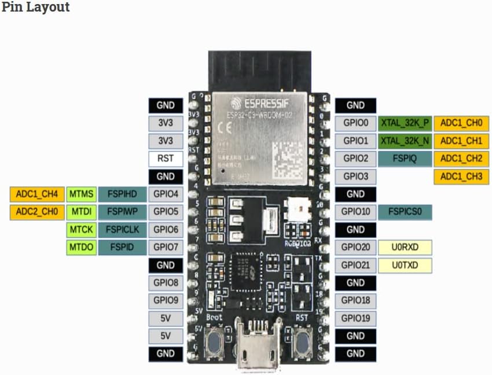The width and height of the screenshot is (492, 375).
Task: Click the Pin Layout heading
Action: (x=35, y=8)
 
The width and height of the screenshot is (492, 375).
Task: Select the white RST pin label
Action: (x=166, y=159)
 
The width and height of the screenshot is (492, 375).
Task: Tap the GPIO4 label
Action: (x=166, y=194)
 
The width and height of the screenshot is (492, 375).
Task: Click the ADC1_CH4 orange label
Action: (x=36, y=194)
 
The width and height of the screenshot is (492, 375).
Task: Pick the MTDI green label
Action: (x=81, y=212)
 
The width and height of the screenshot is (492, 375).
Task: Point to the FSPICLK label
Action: (x=122, y=230)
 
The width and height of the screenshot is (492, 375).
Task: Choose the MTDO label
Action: (x=81, y=248)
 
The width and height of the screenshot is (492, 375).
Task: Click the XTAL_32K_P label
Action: (x=405, y=123)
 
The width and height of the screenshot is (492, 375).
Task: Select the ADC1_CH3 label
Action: (x=461, y=177)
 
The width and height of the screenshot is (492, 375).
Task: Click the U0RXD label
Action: (x=405, y=248)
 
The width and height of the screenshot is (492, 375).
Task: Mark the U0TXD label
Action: (x=405, y=266)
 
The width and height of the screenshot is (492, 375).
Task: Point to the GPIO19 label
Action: (x=355, y=318)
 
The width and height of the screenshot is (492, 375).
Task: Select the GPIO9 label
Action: (x=166, y=301)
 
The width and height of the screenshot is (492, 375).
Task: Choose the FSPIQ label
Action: (x=405, y=159)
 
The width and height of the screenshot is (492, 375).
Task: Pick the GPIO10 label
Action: (x=355, y=212)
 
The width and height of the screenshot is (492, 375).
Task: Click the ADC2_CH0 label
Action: (x=36, y=212)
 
